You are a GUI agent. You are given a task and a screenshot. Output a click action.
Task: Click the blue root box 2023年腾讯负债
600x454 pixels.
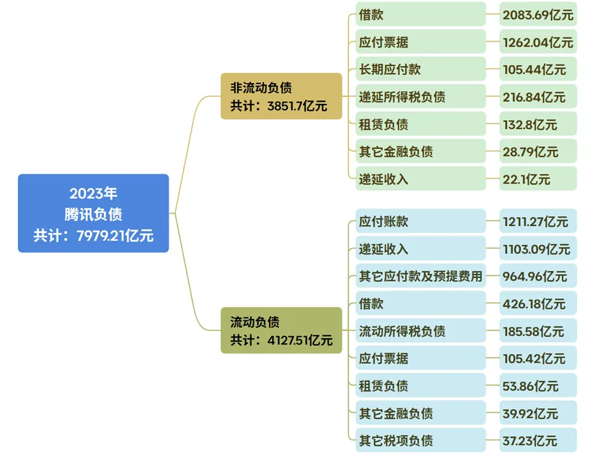click(x=93, y=213)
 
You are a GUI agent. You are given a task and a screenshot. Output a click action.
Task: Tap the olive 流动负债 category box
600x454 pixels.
click(x=281, y=330)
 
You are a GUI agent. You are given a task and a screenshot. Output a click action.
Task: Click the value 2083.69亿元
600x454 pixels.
click(x=538, y=15)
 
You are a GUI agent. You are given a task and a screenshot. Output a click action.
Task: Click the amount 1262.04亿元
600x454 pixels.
click(x=538, y=42)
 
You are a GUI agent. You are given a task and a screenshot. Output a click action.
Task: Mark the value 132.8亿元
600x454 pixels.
click(x=538, y=125)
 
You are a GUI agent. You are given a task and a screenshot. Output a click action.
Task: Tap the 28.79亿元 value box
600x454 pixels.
click(x=538, y=152)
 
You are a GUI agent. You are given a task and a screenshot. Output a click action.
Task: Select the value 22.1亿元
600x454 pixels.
click(x=538, y=179)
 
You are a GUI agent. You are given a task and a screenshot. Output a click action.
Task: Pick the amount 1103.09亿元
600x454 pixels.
click(x=538, y=249)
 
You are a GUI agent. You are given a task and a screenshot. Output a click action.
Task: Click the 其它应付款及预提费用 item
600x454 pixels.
click(x=420, y=276)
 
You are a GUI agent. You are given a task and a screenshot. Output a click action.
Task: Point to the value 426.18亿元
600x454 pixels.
click(x=538, y=304)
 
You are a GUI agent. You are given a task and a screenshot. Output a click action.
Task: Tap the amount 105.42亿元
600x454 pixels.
click(x=538, y=358)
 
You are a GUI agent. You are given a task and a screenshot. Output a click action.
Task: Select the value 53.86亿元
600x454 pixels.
click(x=538, y=385)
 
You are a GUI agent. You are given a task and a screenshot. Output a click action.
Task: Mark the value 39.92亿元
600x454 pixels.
click(x=538, y=413)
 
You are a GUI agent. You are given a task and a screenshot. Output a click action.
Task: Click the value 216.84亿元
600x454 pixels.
click(x=538, y=97)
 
